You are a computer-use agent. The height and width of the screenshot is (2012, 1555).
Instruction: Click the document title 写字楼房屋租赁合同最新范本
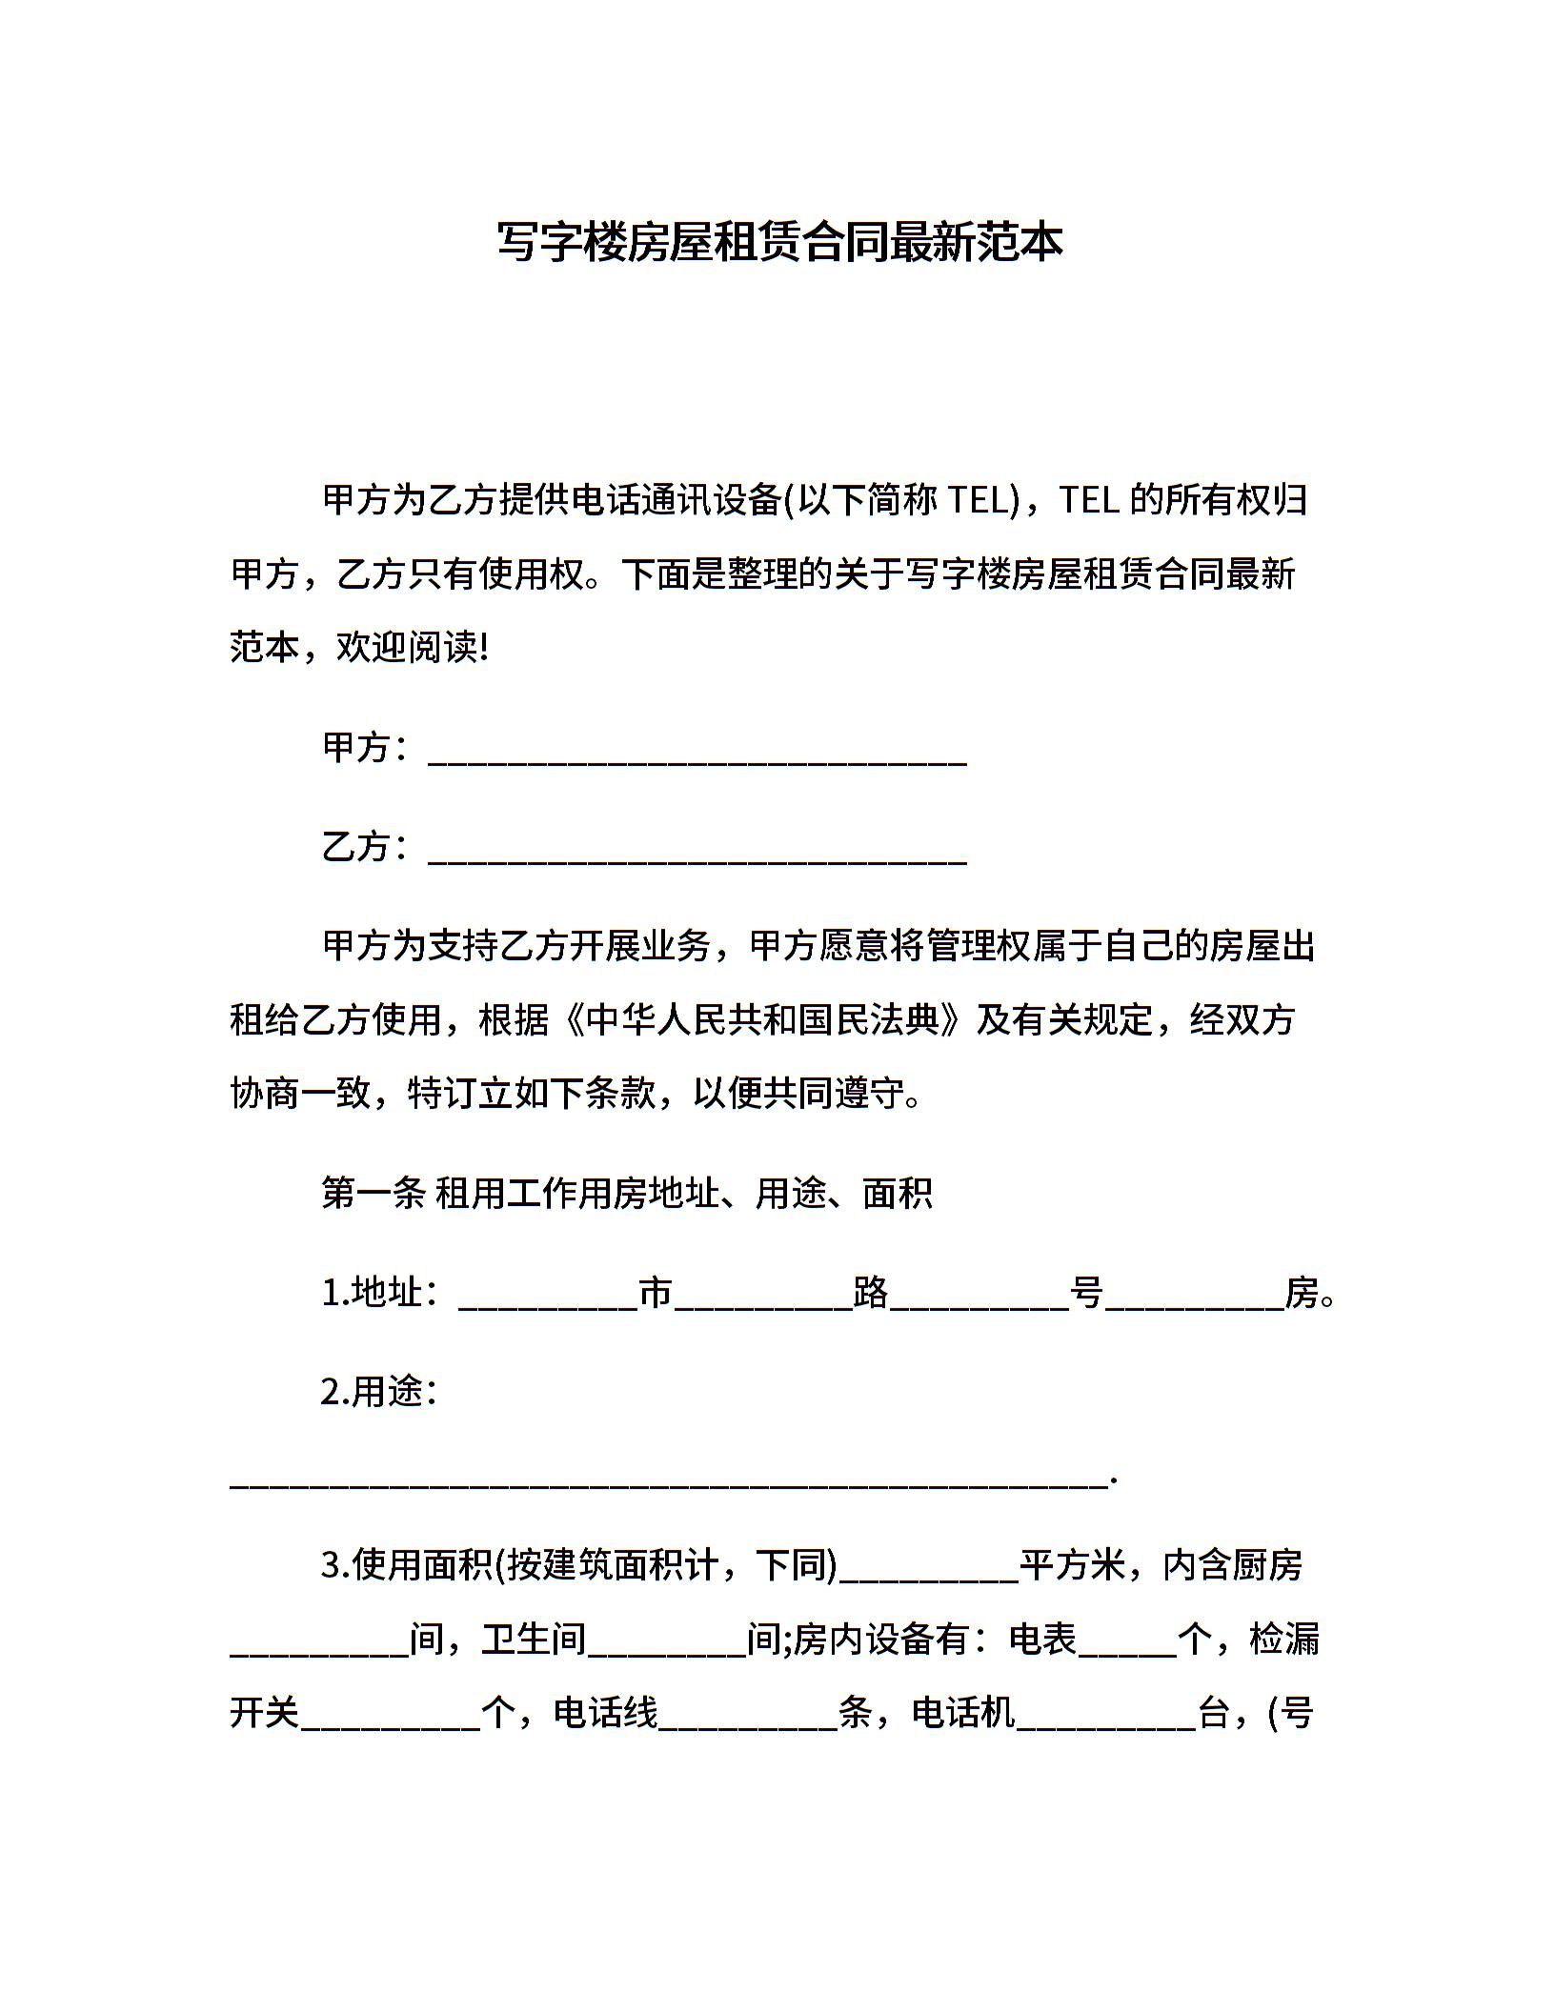[x=779, y=242]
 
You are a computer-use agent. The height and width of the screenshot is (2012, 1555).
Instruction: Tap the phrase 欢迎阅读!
[x=413, y=649]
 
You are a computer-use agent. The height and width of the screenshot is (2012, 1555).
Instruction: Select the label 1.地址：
[x=380, y=1294]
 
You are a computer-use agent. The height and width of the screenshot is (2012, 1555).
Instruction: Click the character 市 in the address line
[x=656, y=1294]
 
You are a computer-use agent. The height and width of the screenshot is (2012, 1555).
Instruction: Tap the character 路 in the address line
[x=871, y=1294]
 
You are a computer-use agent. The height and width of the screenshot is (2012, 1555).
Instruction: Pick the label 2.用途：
[x=380, y=1392]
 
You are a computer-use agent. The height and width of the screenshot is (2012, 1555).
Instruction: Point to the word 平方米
[x=1073, y=1565]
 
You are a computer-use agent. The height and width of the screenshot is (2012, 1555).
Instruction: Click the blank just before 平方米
[x=929, y=1572]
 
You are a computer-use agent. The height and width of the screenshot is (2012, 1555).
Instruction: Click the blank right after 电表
[x=1127, y=1646]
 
